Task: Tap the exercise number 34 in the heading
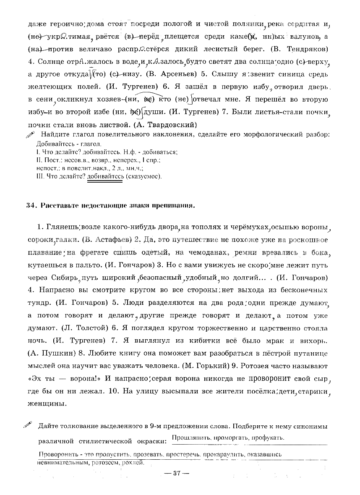(x=29, y=205)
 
